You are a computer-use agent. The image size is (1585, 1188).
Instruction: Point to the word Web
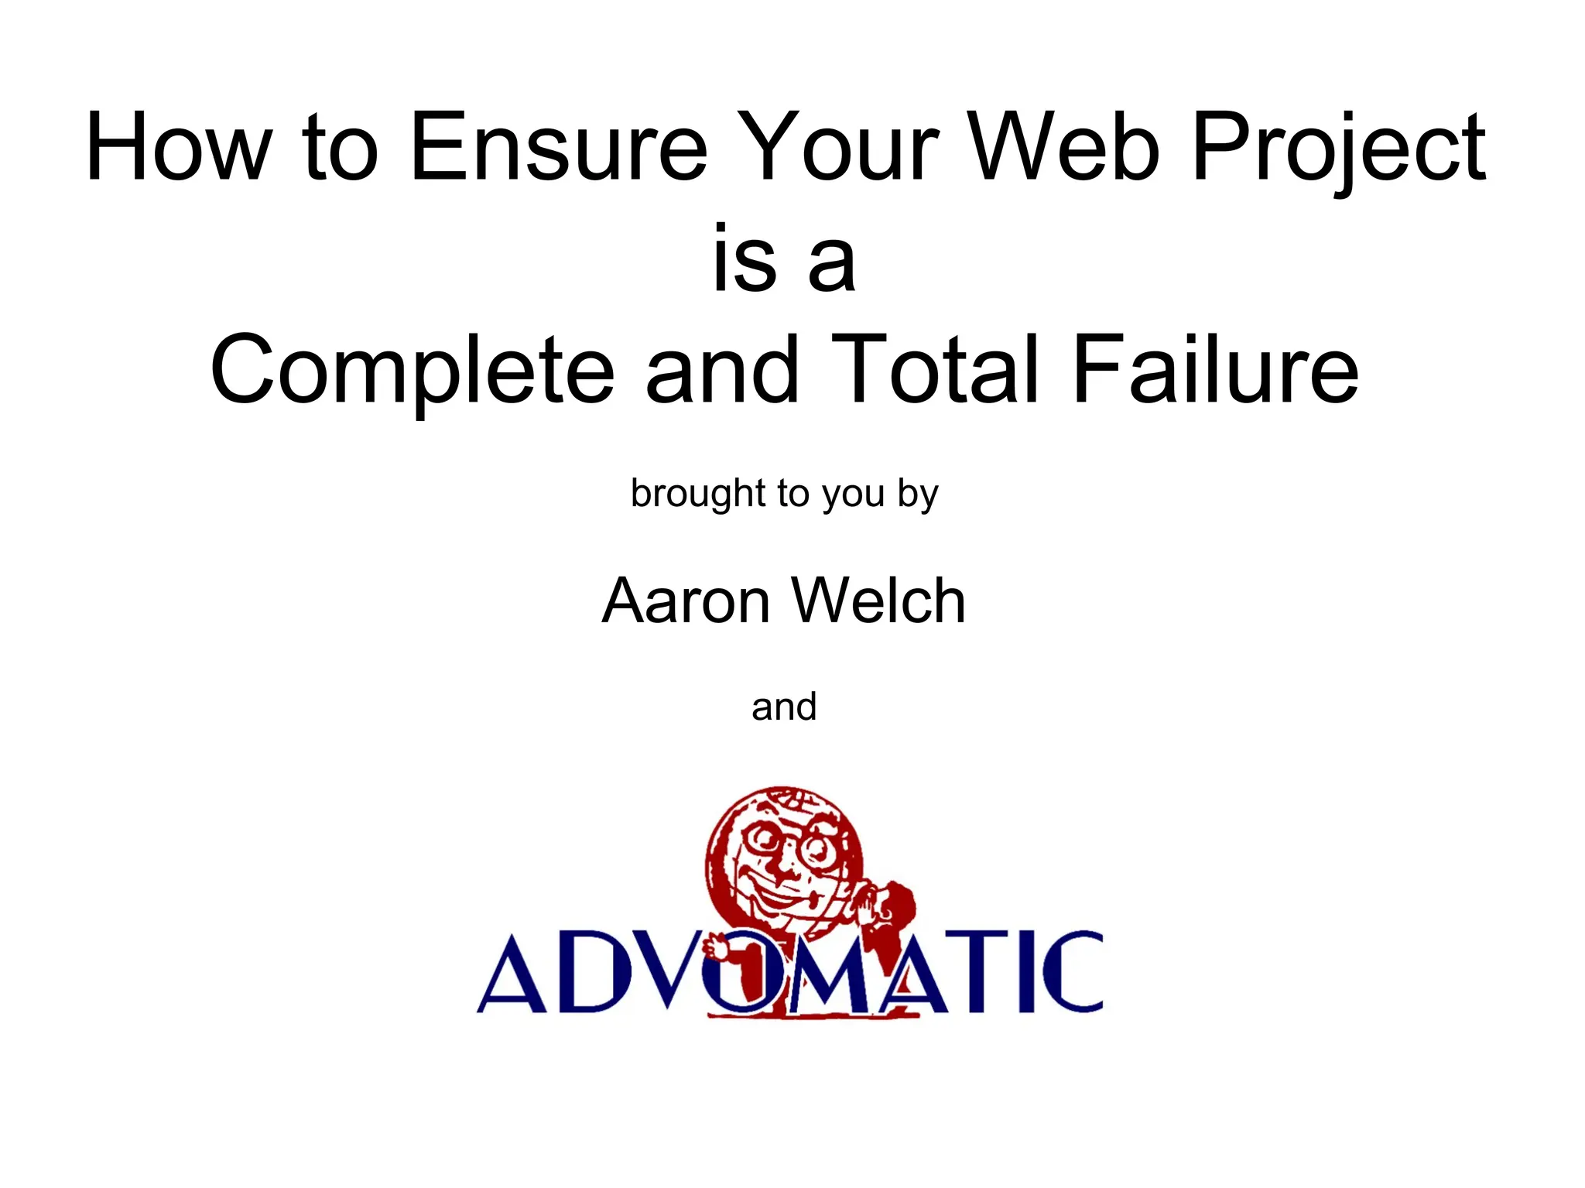pos(1064,147)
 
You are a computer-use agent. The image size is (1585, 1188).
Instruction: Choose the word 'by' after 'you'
pos(918,495)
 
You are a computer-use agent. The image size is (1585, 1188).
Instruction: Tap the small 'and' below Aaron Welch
pos(784,707)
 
